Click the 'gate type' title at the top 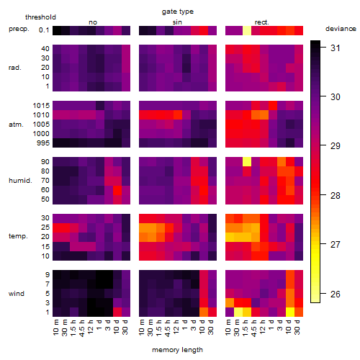178,12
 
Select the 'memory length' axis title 177,350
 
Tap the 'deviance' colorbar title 341,29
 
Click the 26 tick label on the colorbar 336,294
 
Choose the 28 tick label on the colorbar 336,196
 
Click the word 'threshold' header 40,17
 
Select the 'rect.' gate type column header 262,22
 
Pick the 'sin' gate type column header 177,22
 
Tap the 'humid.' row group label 20,181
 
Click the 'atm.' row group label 16,125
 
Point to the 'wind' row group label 17,294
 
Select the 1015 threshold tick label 41,106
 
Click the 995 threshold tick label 43,143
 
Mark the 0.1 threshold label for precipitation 44,30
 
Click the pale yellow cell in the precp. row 247,30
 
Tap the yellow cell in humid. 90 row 247,162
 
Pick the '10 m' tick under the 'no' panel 56,328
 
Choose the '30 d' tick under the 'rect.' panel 297,328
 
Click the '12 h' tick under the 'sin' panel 176,327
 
